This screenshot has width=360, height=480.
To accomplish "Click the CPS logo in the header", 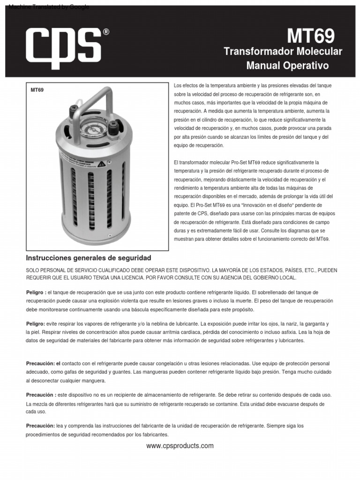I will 64,45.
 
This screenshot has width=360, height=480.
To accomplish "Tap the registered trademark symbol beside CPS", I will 106,32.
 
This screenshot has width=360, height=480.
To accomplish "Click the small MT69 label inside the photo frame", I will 37,90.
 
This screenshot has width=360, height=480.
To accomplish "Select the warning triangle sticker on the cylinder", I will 101,164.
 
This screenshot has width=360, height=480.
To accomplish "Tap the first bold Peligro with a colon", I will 36,292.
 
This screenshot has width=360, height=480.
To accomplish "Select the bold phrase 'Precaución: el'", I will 43,363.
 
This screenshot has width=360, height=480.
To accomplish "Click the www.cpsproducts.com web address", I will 180,446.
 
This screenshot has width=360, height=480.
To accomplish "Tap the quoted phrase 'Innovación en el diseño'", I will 267,205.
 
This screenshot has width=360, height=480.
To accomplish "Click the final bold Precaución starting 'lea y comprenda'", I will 40,426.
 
